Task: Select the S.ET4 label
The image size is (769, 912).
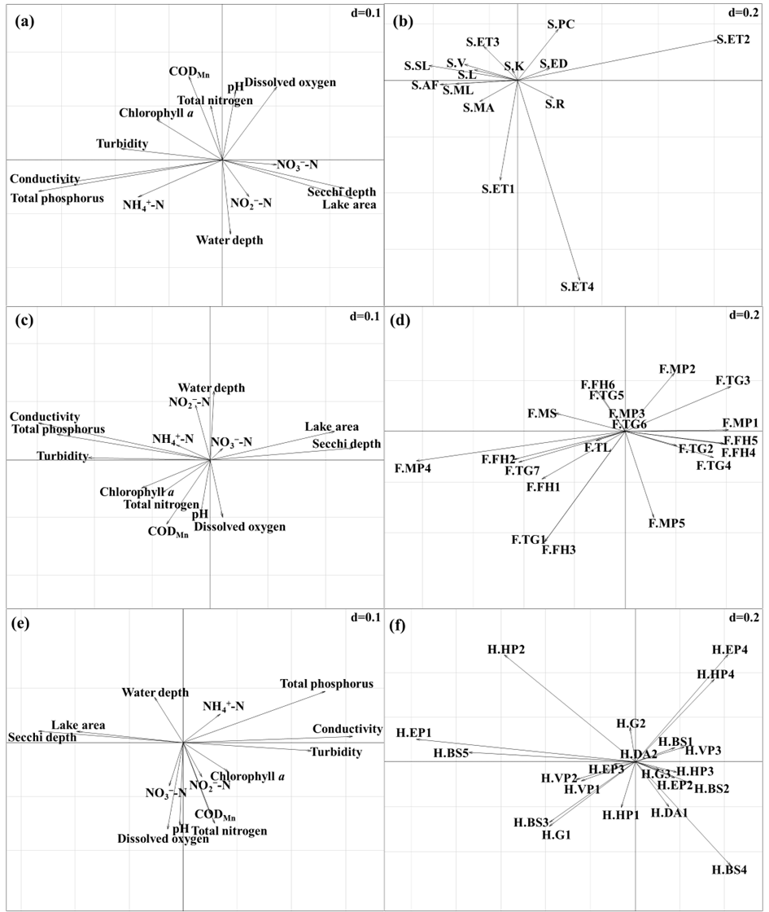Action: [x=577, y=287]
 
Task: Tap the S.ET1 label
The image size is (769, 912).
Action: [x=500, y=189]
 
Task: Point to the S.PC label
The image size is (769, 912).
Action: [x=561, y=24]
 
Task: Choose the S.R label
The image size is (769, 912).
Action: [x=555, y=103]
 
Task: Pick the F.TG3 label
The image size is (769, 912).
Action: [x=732, y=380]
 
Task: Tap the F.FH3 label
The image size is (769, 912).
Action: [x=559, y=550]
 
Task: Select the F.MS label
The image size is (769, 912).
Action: [x=542, y=414]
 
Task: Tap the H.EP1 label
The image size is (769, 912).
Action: [x=414, y=733]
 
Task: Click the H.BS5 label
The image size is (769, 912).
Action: [x=451, y=753]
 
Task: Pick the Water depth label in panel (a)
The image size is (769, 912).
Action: [x=229, y=240]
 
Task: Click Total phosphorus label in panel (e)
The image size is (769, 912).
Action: [x=326, y=684]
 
